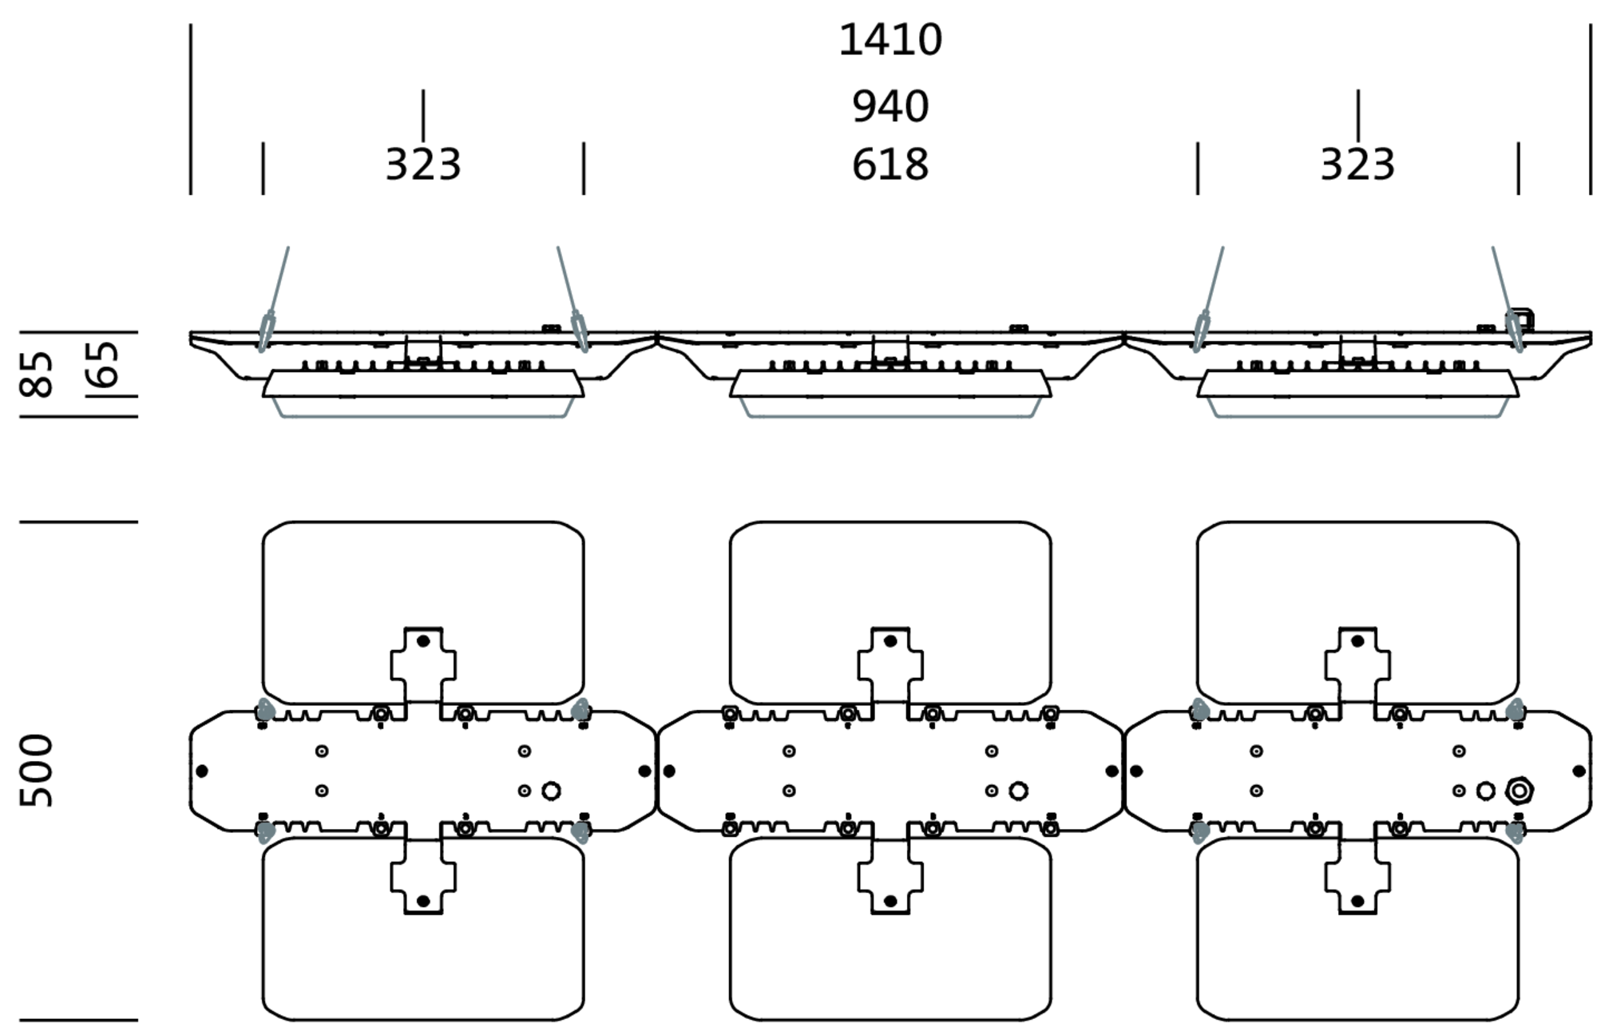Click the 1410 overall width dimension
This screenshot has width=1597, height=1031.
[890, 40]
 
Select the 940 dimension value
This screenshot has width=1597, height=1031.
[890, 106]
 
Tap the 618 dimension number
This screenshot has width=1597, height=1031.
[890, 165]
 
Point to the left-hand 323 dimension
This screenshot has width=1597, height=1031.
[422, 165]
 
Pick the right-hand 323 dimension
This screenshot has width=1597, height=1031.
[1357, 165]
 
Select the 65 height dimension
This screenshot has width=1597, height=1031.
[102, 364]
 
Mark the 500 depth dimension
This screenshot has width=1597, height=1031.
[37, 771]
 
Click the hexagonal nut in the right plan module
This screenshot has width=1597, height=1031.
[1519, 791]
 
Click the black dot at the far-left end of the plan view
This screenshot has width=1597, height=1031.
[202, 771]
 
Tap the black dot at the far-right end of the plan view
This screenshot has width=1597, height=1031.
[1579, 771]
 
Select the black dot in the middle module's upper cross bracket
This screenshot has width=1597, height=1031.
[890, 640]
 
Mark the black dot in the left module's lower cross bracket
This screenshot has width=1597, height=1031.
[423, 901]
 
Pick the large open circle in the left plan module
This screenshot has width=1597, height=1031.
[550, 791]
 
